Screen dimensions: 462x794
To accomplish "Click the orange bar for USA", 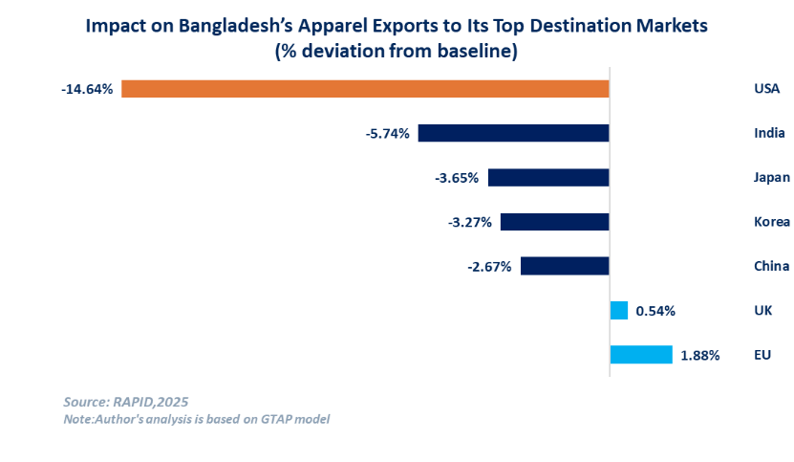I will point(365,89).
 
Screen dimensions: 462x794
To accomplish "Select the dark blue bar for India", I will point(513,134).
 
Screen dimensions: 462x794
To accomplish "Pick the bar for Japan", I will point(547,178).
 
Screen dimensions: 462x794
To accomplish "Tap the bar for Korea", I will point(554,222).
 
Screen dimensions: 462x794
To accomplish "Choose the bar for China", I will point(565,266).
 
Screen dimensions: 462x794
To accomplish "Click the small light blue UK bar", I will point(619,310).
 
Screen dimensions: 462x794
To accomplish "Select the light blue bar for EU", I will point(641,355).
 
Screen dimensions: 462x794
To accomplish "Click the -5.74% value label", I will point(387,134).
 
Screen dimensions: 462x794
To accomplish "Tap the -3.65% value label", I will point(457,178).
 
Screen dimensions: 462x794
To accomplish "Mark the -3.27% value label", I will point(469,222).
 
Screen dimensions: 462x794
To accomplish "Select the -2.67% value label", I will point(489,266).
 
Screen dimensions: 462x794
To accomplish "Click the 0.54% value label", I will point(656,311).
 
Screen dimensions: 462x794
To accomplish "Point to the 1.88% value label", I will point(700,355).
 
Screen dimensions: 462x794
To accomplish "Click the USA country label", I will point(767,89).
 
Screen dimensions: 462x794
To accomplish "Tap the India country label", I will point(769,134).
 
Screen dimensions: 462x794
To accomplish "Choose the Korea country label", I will point(771,222).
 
